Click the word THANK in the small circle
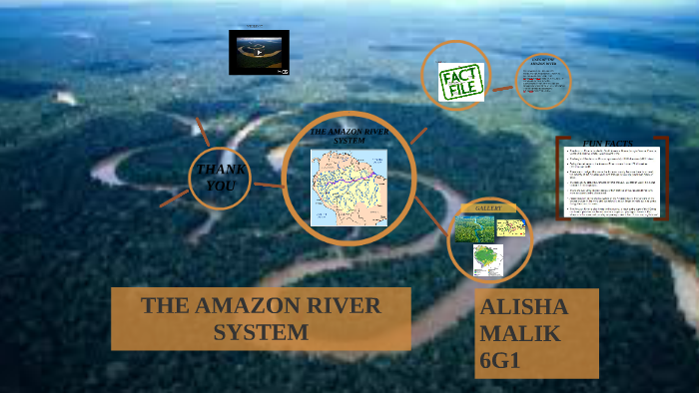click(219, 169)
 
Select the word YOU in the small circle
click(219, 186)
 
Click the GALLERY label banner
click(488, 207)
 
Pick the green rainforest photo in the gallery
click(473, 228)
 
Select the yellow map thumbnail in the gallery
click(509, 227)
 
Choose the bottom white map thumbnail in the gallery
click(488, 259)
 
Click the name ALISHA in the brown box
click(524, 306)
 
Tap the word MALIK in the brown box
click(517, 332)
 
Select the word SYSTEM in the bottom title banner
click(261, 332)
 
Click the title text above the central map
click(349, 136)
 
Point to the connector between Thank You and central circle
click(267, 185)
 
